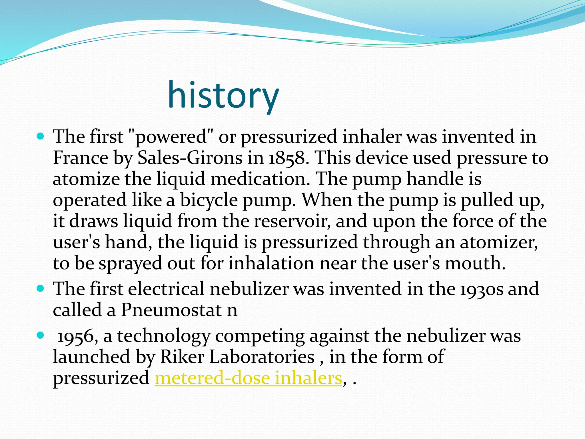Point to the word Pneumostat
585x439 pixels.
[x=171, y=310]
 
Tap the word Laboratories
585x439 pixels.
[x=262, y=357]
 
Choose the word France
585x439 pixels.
[x=81, y=158]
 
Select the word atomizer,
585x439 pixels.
[x=499, y=242]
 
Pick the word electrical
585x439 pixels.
[x=166, y=289]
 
